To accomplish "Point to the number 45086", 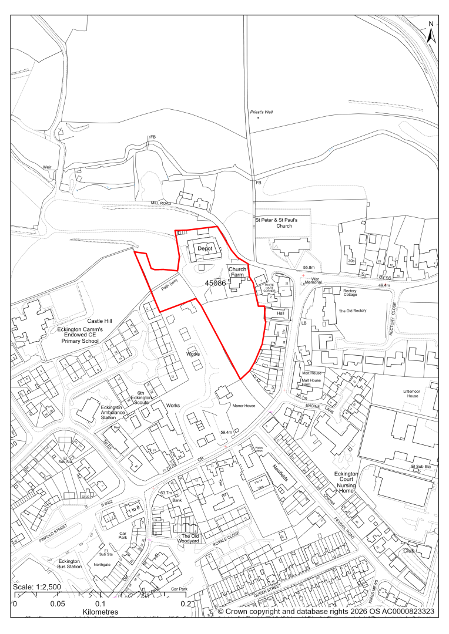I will pos(216,283).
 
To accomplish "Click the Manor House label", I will pos(246,405).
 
